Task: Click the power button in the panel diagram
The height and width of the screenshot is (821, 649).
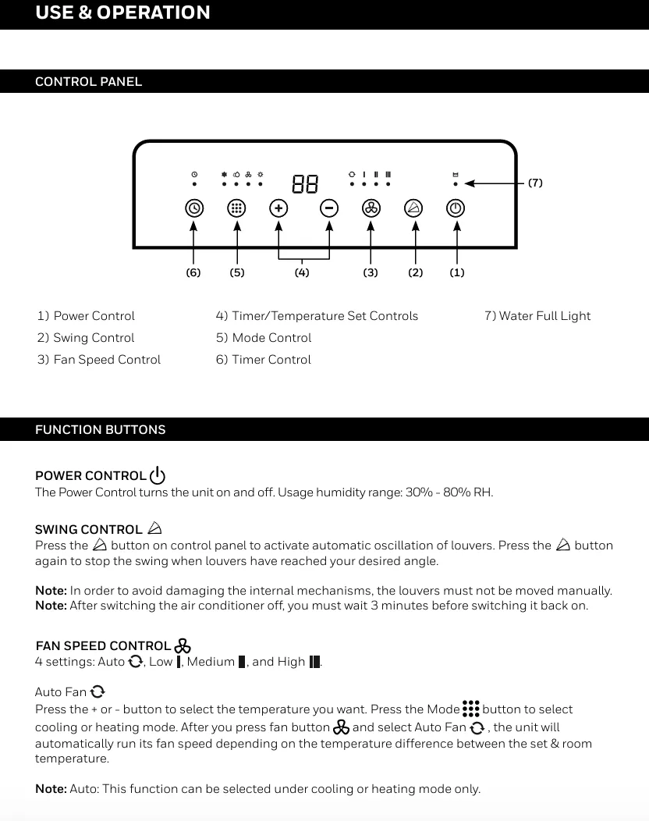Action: tap(456, 208)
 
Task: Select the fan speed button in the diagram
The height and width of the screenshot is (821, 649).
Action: tap(371, 208)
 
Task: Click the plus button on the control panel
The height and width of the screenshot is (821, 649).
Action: tap(278, 208)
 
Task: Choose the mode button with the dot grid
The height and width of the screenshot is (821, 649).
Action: tap(237, 208)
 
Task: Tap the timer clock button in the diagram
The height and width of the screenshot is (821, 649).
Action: tap(194, 208)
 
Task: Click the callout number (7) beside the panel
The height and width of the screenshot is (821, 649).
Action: tap(535, 183)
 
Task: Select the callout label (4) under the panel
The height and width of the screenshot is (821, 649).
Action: tap(302, 272)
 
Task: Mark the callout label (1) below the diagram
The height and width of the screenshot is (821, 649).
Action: tap(457, 272)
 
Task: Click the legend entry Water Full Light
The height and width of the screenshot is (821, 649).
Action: tap(537, 316)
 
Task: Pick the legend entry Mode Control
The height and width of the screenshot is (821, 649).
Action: tap(264, 338)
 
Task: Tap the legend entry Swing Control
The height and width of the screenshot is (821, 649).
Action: tap(86, 338)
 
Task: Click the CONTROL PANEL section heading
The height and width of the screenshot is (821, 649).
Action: tap(89, 82)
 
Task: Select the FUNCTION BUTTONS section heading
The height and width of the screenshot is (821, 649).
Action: tap(101, 430)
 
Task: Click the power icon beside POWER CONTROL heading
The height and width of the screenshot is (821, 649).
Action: tap(158, 475)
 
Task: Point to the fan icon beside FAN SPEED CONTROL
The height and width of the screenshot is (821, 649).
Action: tap(183, 645)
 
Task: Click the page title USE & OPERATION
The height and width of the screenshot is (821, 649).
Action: tap(122, 13)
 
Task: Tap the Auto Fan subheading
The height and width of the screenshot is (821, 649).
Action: tap(62, 692)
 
